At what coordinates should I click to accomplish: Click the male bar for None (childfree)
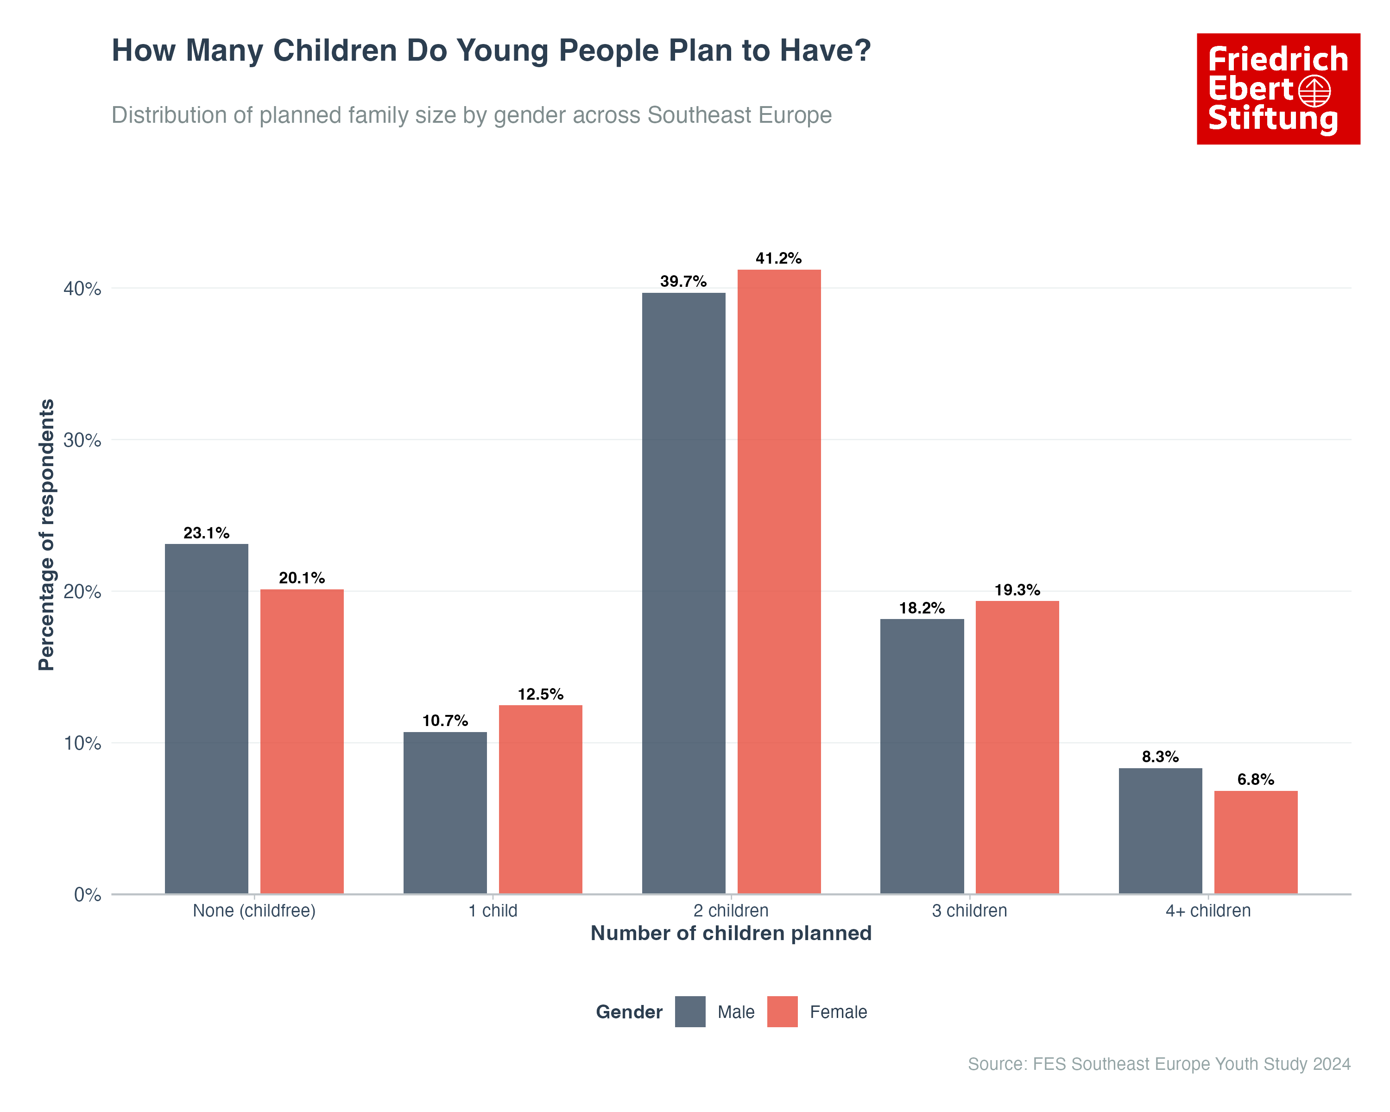[x=206, y=719]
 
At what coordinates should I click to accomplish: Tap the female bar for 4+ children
[x=1255, y=842]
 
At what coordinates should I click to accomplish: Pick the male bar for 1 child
[x=445, y=812]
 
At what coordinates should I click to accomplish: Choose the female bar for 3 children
[x=1017, y=747]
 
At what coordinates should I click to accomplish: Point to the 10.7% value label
[x=445, y=720]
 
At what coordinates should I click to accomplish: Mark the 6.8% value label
[x=1255, y=779]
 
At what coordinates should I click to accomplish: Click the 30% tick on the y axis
[x=82, y=440]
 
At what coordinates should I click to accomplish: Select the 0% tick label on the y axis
[x=88, y=895]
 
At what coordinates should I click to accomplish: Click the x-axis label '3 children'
[x=969, y=911]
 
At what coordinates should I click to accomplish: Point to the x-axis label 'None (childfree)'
[x=254, y=911]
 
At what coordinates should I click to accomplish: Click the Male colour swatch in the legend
[x=690, y=1011]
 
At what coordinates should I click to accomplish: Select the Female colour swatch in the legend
[x=782, y=1011]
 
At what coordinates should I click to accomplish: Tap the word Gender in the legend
[x=629, y=1012]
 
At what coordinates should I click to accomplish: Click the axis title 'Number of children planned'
[x=731, y=934]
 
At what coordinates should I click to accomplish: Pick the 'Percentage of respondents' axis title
[x=46, y=535]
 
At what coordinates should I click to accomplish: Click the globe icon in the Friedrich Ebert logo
[x=1314, y=91]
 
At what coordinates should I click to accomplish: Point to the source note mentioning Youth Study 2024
[x=1158, y=1064]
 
